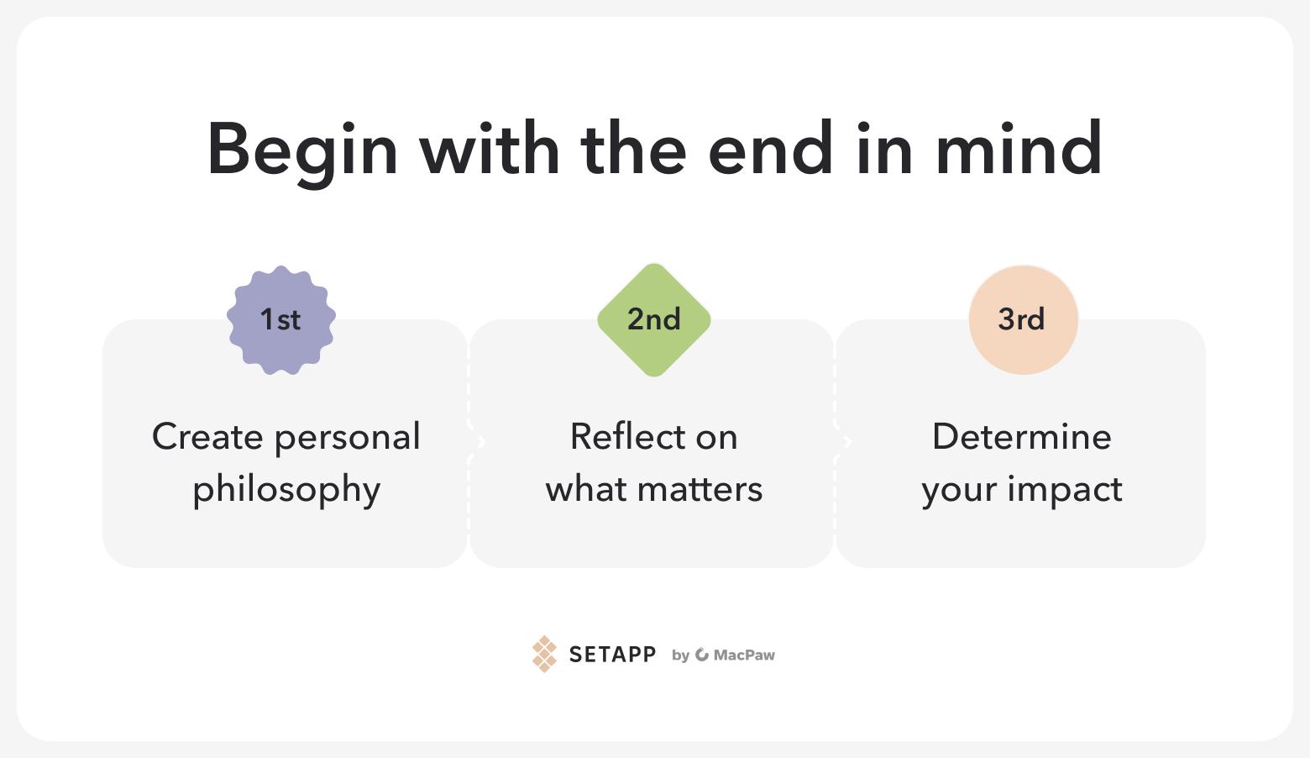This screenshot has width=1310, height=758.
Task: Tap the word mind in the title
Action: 1019,148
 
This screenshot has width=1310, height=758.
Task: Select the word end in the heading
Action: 770,148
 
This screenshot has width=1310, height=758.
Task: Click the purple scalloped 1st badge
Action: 281,320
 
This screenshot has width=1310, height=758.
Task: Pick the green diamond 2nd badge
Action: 654,320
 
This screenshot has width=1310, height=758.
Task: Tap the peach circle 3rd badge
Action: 1024,320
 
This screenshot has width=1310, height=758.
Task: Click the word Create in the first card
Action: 207,437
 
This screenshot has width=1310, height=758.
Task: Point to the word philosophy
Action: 286,490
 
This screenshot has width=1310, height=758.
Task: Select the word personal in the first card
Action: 348,438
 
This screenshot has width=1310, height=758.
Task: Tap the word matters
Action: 700,490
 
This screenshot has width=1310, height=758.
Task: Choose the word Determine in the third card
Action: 1022,437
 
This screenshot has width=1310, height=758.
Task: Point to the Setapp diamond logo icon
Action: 544,654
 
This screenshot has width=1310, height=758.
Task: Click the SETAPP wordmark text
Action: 612,655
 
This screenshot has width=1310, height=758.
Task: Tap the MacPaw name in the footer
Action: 744,655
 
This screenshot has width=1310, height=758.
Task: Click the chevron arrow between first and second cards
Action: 481,442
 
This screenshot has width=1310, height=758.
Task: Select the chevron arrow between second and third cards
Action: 847,442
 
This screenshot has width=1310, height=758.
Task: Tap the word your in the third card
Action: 959,492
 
